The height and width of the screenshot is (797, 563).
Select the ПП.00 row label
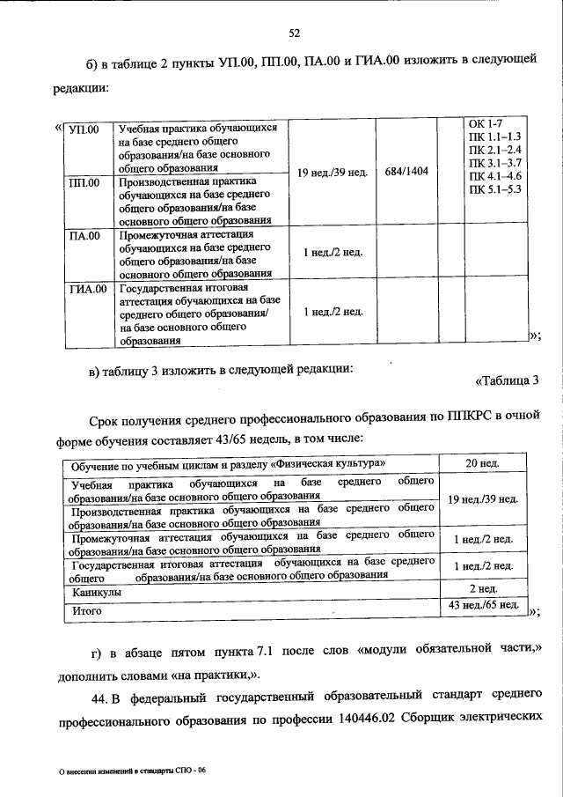(83, 182)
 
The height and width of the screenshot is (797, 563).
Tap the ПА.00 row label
(84, 236)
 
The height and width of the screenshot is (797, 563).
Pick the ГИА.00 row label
(87, 288)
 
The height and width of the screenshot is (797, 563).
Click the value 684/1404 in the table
(406, 171)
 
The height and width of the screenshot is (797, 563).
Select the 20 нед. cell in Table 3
(483, 464)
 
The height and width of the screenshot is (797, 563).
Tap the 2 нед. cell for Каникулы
(483, 588)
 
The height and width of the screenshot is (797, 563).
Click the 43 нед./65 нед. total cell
(483, 607)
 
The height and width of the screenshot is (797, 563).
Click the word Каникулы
(97, 593)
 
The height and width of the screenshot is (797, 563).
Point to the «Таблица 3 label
(506, 380)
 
